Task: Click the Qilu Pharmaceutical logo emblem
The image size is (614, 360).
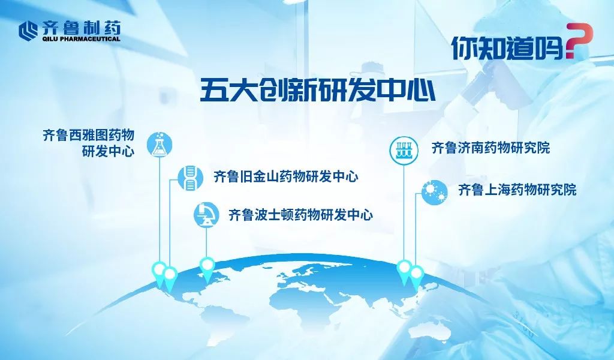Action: pyautogui.click(x=28, y=31)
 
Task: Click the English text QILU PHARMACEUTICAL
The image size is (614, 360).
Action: pyautogui.click(x=80, y=39)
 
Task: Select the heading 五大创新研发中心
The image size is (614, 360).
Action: pyautogui.click(x=318, y=90)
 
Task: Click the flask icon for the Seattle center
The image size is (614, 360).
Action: pyautogui.click(x=159, y=145)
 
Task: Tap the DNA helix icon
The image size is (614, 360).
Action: pyautogui.click(x=190, y=178)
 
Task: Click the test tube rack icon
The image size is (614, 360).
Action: pyautogui.click(x=404, y=149)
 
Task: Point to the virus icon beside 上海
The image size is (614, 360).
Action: pyautogui.click(x=435, y=192)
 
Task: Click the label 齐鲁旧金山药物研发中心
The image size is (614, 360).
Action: pyautogui.click(x=286, y=176)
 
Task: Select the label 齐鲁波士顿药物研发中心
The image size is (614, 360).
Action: pyautogui.click(x=301, y=215)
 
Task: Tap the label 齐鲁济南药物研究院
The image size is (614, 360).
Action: pyautogui.click(x=490, y=148)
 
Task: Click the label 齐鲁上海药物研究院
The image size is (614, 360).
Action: pyautogui.click(x=517, y=190)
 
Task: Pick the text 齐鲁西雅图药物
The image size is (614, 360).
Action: pyautogui.click(x=89, y=135)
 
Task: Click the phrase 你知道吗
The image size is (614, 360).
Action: pyautogui.click(x=508, y=48)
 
